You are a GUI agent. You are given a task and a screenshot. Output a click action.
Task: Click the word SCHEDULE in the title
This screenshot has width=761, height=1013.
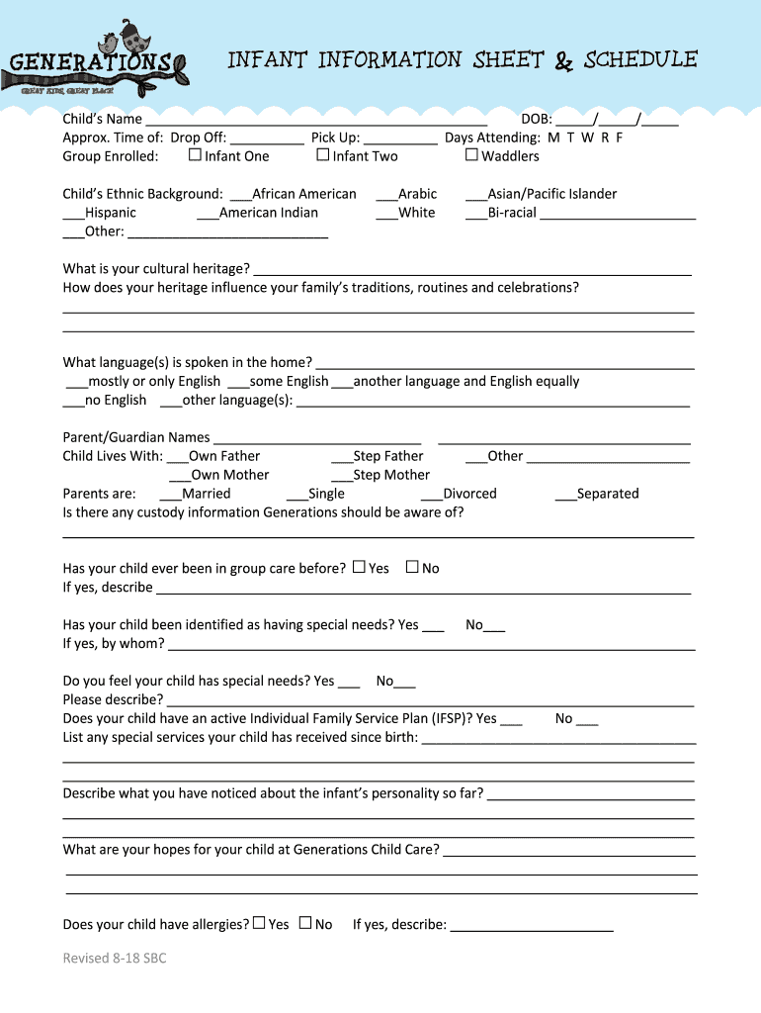(x=640, y=60)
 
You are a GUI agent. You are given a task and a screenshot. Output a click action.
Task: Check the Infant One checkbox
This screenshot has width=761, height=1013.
(x=195, y=155)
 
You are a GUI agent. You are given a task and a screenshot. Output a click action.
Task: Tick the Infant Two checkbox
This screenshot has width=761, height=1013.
(x=322, y=155)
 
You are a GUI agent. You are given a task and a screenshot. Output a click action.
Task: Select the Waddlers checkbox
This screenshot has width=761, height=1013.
(x=471, y=155)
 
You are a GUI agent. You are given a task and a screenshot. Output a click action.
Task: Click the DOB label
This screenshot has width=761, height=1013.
(x=536, y=120)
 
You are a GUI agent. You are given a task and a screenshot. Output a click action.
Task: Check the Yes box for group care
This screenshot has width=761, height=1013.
(x=359, y=567)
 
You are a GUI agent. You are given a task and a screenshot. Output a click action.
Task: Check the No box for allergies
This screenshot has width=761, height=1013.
(x=305, y=923)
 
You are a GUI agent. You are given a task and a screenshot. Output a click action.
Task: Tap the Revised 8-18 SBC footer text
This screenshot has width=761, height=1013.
(x=115, y=958)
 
